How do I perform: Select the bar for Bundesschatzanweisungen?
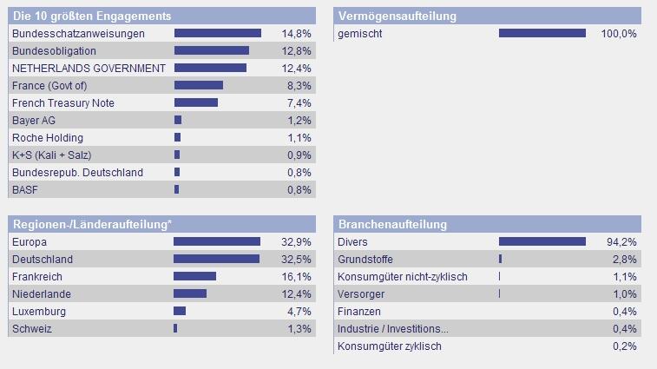pos(218,33)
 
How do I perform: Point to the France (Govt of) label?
pos(49,85)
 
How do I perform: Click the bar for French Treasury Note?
pos(196,102)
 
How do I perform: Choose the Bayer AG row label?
pos(34,120)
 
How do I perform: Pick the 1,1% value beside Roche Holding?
pos(299,137)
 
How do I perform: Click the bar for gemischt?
pos(542,33)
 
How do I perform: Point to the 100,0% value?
pos(619,33)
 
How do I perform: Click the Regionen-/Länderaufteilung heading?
pos(91,224)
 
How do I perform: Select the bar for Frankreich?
pos(195,276)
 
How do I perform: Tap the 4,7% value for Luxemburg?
pos(299,311)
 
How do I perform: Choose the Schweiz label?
pos(32,328)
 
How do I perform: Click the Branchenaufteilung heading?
pos(393,224)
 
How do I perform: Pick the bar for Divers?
pos(542,241)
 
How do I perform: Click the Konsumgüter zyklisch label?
pos(390,346)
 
